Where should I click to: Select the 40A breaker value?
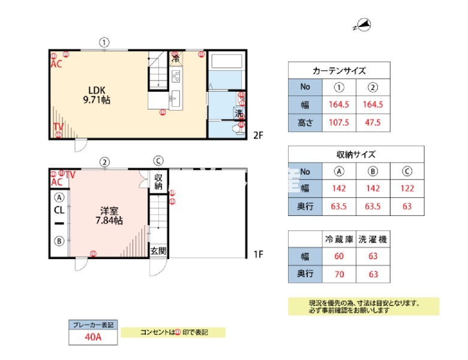point(93,337)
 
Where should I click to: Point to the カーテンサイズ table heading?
point(339,70)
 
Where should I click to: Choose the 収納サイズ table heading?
point(356,154)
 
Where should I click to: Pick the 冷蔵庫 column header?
point(339,239)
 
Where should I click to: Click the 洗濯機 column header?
point(373,239)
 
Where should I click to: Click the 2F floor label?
point(258,135)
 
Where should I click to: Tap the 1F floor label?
point(258,254)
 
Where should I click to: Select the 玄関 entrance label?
point(158,251)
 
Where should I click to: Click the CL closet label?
point(59,211)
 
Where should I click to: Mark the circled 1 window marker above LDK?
point(104,42)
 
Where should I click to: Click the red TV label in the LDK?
point(58,127)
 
